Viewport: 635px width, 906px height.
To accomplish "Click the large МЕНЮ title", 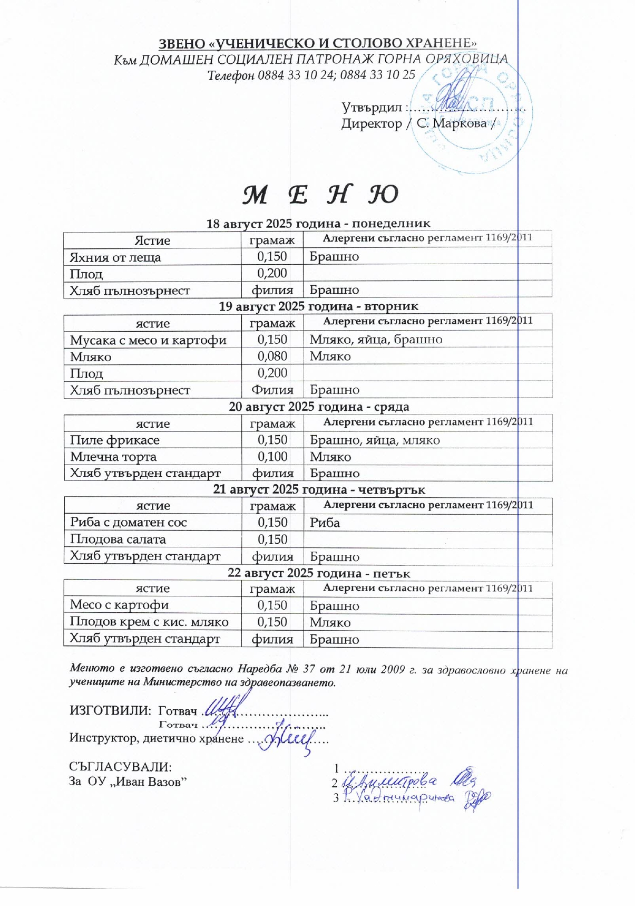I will pos(320,195).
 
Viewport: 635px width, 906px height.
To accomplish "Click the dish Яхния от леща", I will pos(115,257).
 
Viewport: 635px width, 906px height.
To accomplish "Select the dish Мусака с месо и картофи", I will pos(148,340).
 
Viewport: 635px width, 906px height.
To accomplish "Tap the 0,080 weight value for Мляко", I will pos(272,356).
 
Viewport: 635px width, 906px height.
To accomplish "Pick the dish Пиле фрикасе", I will pos(115,440).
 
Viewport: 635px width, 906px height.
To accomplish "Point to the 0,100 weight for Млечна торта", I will pos(272,457).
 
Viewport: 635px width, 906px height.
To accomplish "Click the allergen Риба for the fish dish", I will pos(325,523).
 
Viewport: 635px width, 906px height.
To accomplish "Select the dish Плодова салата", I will pos(118,539).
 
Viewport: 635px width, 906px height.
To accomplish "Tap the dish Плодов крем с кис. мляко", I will pos(149,622).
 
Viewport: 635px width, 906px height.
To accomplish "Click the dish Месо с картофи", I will pos(120,605).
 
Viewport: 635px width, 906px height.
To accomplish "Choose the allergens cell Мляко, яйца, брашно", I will pos(376,340).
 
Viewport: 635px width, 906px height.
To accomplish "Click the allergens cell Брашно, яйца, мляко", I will pos(375,440).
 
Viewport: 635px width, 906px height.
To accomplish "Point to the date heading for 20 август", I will pos(319,407).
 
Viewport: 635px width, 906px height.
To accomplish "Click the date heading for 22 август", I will pos(318,573).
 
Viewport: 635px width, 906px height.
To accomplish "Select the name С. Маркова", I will pos(452,123).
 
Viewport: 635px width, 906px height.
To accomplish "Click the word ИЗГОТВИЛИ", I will pos(111,711).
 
